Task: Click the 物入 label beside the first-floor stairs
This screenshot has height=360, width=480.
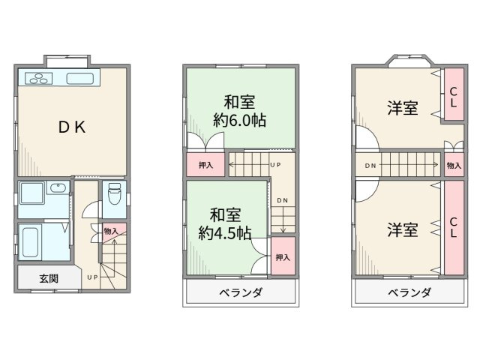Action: point(109,231)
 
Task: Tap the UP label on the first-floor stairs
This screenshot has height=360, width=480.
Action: point(92,277)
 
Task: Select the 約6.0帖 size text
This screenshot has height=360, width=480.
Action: point(240,120)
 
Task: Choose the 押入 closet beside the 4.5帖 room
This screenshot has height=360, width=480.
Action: point(283,257)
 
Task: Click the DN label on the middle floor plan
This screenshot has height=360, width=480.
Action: point(282,200)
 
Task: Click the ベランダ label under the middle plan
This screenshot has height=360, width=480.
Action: point(240,292)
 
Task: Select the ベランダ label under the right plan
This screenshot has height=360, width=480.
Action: point(409,292)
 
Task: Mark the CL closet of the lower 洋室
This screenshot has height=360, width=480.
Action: point(453,227)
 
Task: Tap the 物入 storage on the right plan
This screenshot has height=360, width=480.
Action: point(453,165)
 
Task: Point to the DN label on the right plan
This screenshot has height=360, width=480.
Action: point(370,165)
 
